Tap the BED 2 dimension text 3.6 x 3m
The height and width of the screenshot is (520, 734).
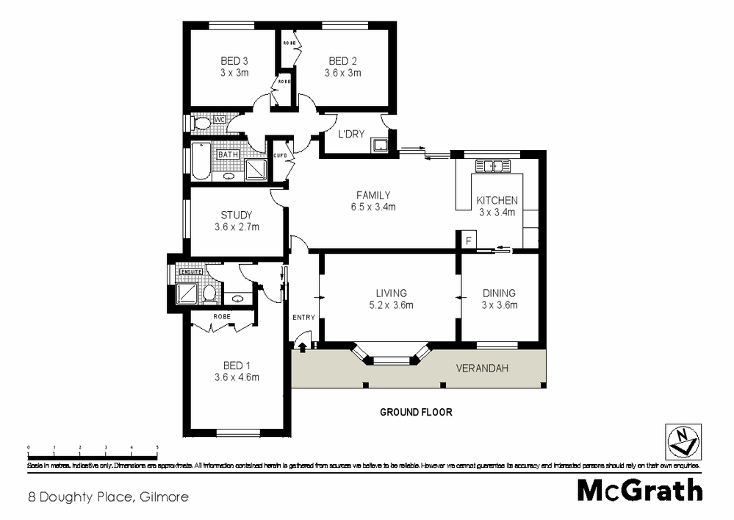point(342,73)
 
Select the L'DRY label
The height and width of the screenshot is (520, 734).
point(348,135)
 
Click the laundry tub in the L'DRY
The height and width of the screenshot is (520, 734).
point(379,145)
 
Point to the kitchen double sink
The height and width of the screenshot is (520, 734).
point(489,165)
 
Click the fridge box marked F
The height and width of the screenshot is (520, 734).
point(466,240)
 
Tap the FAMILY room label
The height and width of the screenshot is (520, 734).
point(373,195)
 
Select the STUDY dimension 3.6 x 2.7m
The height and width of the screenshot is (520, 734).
point(235,227)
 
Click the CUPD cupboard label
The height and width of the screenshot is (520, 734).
point(280,156)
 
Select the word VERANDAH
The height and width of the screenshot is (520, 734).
point(482,368)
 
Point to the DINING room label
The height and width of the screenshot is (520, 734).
point(499,293)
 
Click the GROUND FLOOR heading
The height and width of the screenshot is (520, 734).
point(416,413)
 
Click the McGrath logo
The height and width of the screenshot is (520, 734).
point(639,491)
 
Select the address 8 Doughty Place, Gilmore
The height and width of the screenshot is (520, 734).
point(107,496)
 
